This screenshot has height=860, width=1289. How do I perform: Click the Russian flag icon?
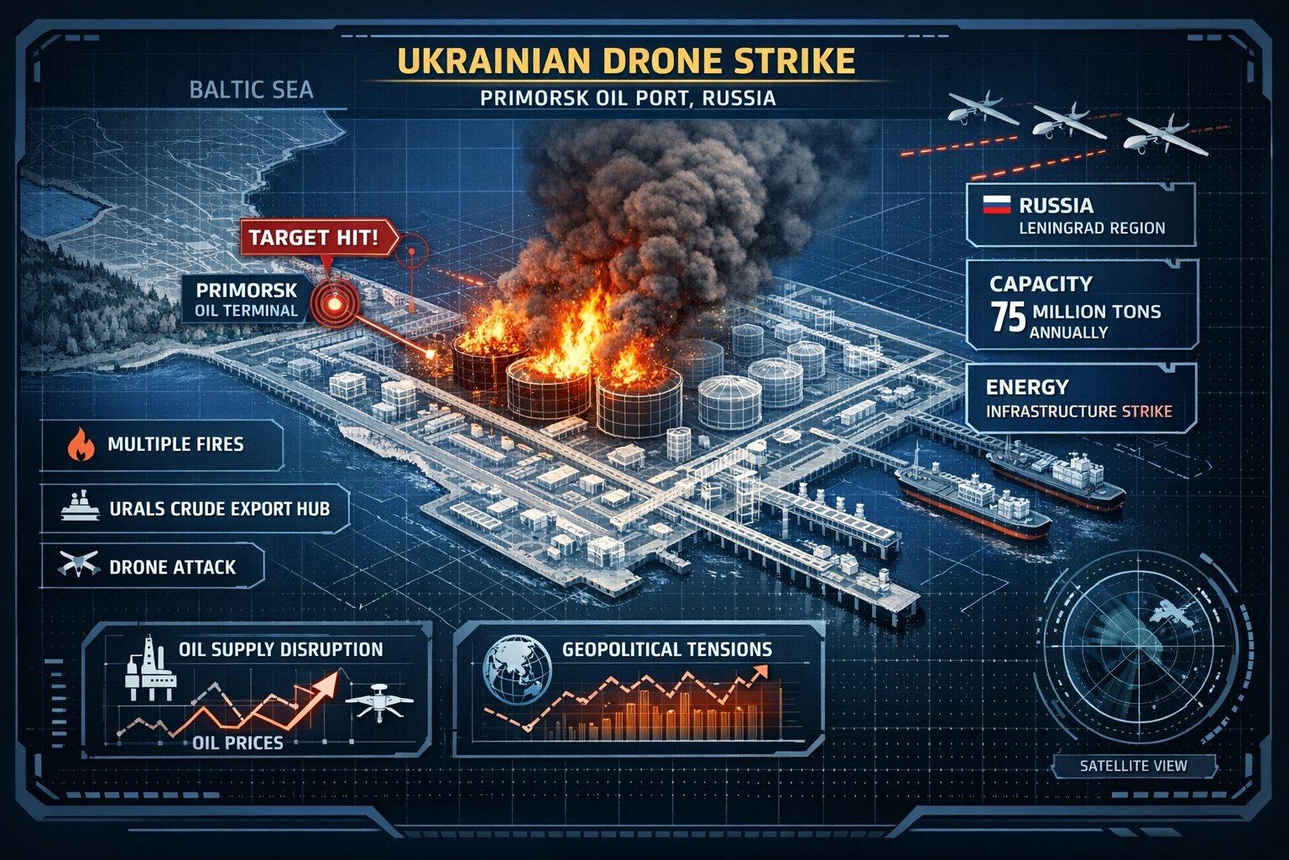point(997,204)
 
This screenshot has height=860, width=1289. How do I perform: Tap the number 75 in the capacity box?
point(1009,317)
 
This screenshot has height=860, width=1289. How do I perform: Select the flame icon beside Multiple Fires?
point(81,444)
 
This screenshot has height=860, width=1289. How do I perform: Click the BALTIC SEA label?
point(252,90)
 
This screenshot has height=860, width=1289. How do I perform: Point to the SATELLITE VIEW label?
point(1133,766)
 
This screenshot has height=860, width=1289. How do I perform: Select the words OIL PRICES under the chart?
point(237,742)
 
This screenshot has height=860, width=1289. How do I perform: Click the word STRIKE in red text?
point(1147,412)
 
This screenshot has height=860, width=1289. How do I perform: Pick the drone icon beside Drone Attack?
point(78,564)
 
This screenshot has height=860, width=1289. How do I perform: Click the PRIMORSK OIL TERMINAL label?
point(246,300)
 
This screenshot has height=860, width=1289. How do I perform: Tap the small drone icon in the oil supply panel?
point(378,701)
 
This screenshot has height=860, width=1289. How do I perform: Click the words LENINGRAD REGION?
point(1092,228)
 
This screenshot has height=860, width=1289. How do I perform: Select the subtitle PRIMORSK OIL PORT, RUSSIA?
point(628,98)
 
